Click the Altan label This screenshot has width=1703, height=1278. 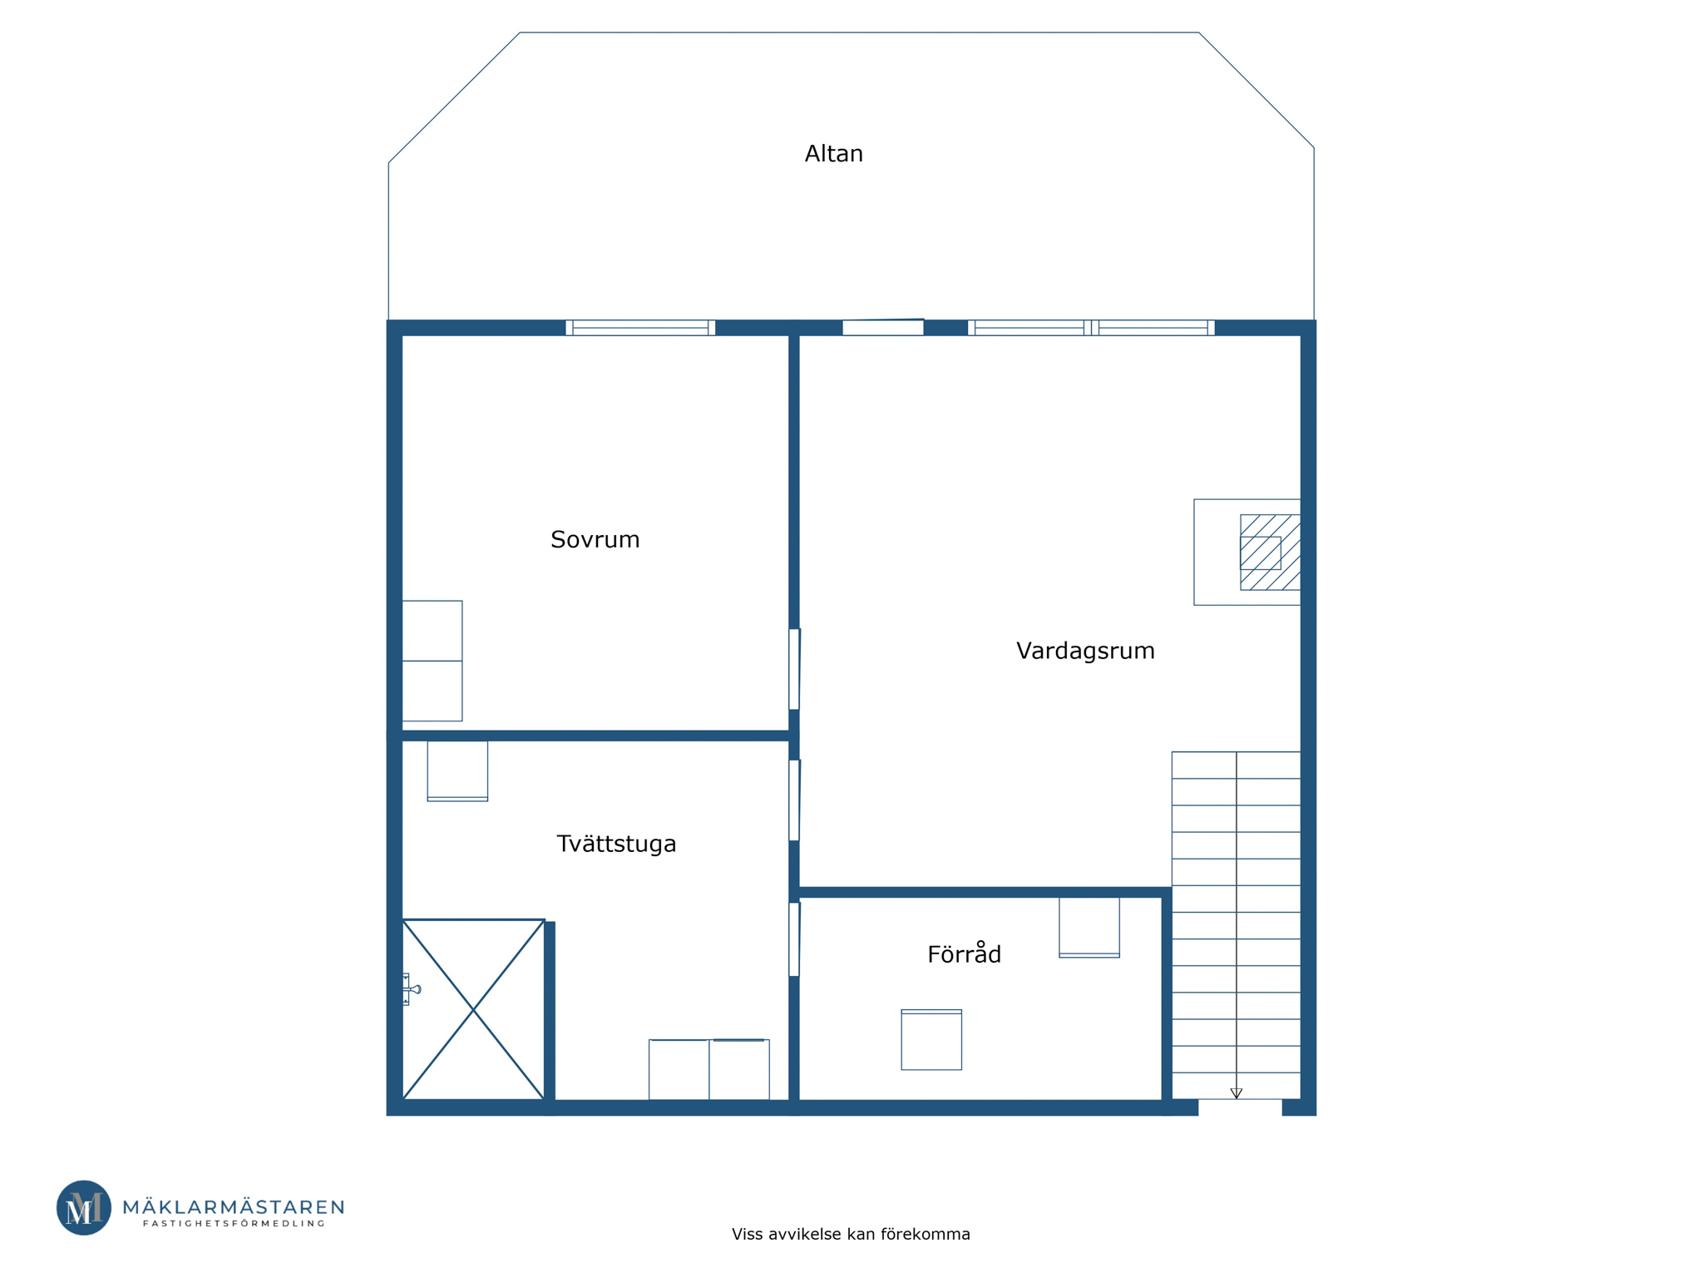coord(833,154)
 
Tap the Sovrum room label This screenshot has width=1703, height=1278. coord(595,540)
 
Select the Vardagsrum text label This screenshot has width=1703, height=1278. coord(1085,651)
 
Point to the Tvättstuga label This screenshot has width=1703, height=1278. coord(616,844)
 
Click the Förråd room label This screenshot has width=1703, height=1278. coord(964,954)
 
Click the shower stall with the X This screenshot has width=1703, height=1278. coord(473,1009)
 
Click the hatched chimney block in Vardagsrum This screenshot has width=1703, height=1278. coord(1270,552)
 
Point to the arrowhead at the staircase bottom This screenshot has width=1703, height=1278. coord(1237,1093)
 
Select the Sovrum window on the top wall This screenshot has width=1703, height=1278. coord(640,328)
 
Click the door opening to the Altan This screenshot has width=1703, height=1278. coord(883,327)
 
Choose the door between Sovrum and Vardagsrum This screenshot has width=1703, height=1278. coord(794,669)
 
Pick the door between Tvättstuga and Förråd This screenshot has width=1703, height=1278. coord(794,939)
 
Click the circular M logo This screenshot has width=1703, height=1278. coord(84,1207)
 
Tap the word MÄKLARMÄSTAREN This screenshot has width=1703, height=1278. coord(234,1206)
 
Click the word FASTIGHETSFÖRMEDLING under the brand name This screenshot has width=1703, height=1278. coord(234,1223)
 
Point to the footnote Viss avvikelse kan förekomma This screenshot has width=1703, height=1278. coord(851,1234)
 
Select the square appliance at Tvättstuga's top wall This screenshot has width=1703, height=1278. coord(457,770)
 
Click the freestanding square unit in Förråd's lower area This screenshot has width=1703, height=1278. coord(931,1039)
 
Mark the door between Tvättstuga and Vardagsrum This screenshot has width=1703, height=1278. coord(794,800)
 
